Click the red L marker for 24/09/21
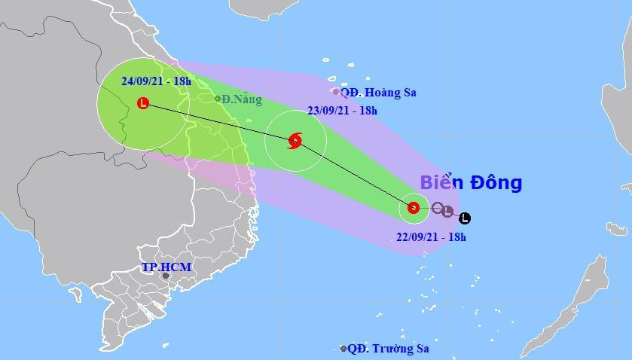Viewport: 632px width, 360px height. pos(143,103)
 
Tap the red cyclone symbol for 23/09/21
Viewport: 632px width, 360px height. pos(295,140)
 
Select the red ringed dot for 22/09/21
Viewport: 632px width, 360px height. pos(413,208)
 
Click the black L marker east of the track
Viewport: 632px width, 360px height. pos(464,218)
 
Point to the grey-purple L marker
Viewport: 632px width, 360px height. pos(448,212)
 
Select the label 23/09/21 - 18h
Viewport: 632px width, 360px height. pos(342,110)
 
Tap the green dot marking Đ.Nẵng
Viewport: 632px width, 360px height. pos(218,99)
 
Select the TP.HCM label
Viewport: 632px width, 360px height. pos(166,267)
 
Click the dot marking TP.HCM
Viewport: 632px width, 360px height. pos(166,276)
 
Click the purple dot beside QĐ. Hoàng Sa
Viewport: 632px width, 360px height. pos(336,92)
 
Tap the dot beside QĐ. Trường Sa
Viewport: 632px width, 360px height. pos(343,349)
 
